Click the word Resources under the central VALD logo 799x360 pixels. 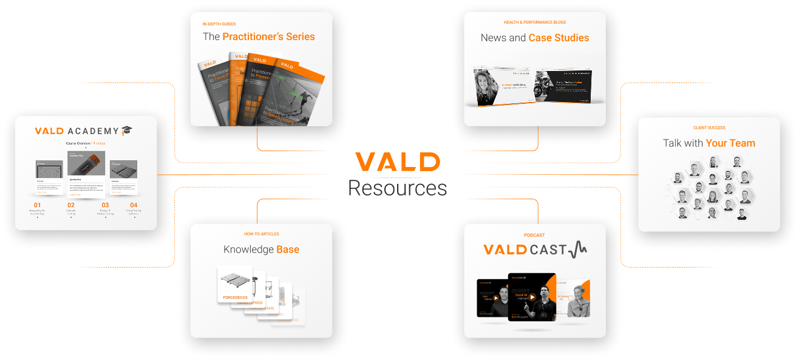point(398,188)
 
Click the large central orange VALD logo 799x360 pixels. point(398,162)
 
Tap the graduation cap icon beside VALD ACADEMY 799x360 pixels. point(127,131)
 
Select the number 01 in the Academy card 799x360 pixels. point(37,205)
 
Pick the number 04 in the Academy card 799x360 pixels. point(134,205)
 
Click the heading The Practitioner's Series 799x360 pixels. point(259,37)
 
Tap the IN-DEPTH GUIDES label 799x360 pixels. point(219,24)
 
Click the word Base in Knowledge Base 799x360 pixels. point(288,250)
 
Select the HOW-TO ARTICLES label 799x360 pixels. point(261,234)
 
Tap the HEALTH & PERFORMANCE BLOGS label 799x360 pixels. point(534,23)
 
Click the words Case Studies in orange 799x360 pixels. point(559,38)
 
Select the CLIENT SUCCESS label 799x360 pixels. point(709,128)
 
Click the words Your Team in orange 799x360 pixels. point(730,143)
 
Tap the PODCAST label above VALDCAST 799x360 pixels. point(534,235)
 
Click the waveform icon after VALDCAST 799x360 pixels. point(577,250)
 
